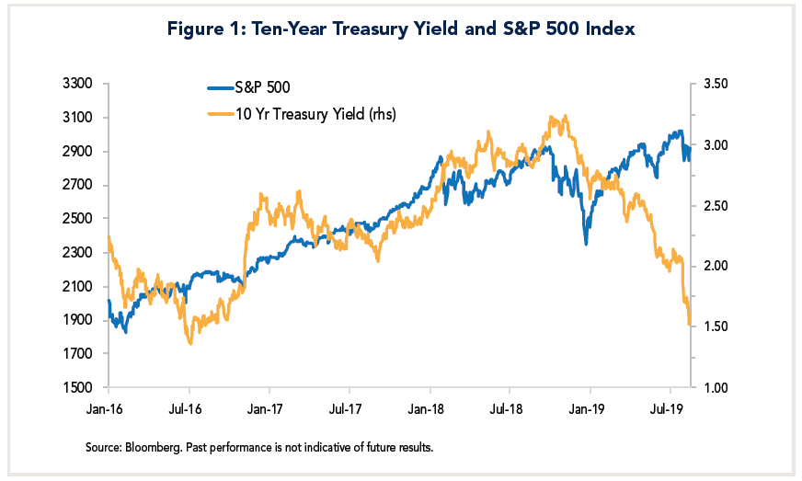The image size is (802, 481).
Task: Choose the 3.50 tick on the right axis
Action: click(x=716, y=84)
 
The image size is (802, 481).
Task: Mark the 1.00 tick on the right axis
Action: click(x=716, y=387)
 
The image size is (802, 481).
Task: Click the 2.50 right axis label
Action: click(x=716, y=205)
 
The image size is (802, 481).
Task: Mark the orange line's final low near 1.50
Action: click(x=689, y=323)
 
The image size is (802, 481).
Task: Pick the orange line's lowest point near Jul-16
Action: click(x=190, y=343)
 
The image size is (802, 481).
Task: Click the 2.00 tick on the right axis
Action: click(x=716, y=266)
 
